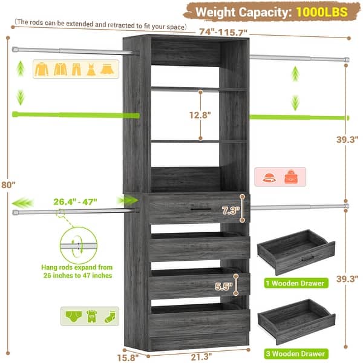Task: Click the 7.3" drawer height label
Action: click(230, 211)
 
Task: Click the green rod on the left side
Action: click(73, 115)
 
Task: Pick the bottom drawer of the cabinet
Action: click(198, 321)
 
